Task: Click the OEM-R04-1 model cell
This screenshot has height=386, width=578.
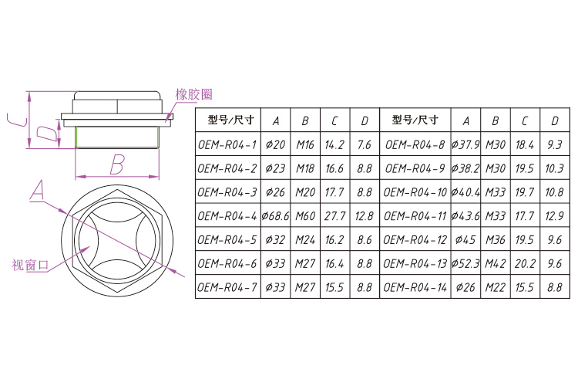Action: pyautogui.click(x=227, y=144)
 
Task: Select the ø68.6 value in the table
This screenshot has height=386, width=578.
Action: pyautogui.click(x=275, y=215)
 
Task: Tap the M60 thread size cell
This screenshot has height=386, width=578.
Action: pyautogui.click(x=305, y=215)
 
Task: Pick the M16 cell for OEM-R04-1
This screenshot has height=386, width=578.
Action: pyautogui.click(x=305, y=144)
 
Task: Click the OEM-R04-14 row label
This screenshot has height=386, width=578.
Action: pyautogui.click(x=415, y=287)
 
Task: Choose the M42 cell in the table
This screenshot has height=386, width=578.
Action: pyautogui.click(x=496, y=263)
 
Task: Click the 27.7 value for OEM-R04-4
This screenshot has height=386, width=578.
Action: pyautogui.click(x=334, y=215)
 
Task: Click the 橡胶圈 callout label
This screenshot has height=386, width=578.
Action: pyautogui.click(x=193, y=95)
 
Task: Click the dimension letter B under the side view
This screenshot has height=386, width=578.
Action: pyautogui.click(x=116, y=164)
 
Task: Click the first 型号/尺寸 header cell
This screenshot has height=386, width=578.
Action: pyautogui.click(x=227, y=120)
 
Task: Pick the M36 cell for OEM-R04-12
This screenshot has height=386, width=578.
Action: pyautogui.click(x=496, y=239)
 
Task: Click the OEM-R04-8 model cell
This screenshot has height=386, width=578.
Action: pyautogui.click(x=415, y=144)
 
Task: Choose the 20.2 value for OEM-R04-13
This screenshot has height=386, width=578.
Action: pyautogui.click(x=525, y=263)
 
